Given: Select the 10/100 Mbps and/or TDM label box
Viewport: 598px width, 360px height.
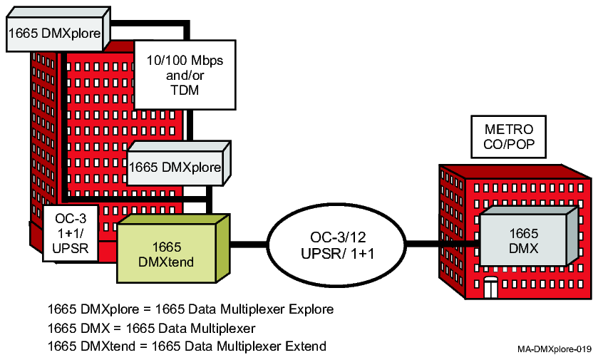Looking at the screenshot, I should (185, 76).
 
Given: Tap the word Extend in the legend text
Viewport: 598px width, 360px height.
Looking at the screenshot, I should (306, 346).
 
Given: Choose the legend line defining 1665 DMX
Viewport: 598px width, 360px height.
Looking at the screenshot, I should (146, 328).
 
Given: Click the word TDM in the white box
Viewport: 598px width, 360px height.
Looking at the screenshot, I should (185, 91).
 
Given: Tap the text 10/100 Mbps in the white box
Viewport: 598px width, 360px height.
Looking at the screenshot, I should (185, 61).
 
